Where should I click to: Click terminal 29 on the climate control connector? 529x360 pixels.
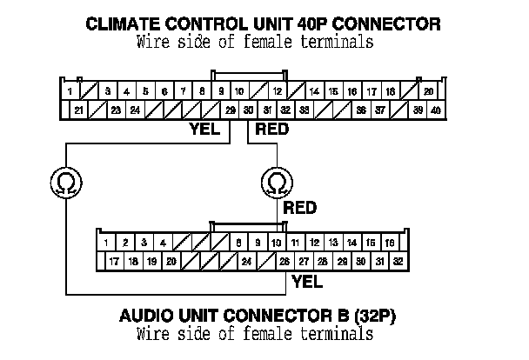pyautogui.click(x=230, y=110)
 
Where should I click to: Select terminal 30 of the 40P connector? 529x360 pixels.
pyautogui.click(x=249, y=110)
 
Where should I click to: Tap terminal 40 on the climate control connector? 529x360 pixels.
pyautogui.click(x=436, y=110)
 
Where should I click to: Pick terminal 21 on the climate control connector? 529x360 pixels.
pyautogui.click(x=79, y=110)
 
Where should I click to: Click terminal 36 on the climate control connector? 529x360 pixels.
pyautogui.click(x=361, y=110)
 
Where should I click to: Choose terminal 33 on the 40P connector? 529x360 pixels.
pyautogui.click(x=305, y=110)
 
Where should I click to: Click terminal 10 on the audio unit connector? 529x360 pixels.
pyautogui.click(x=276, y=243)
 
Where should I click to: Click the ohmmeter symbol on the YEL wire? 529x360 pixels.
pyautogui.click(x=66, y=183)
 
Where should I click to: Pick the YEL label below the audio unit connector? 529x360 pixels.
pyautogui.click(x=307, y=281)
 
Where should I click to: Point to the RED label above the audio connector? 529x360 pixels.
pyautogui.click(x=300, y=209)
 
